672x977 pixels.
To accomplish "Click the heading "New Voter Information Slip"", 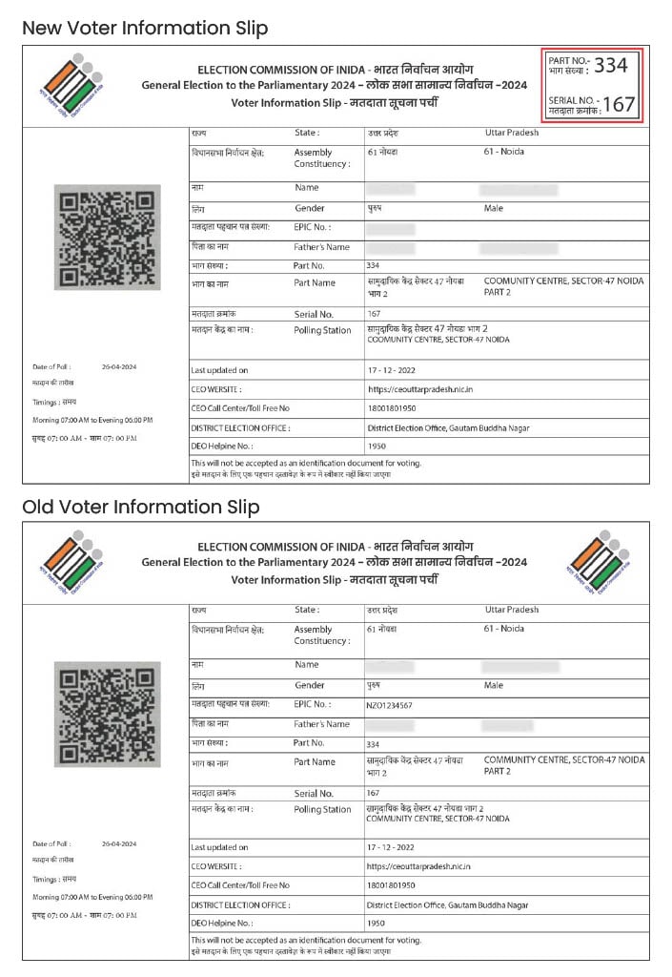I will click(x=145, y=29).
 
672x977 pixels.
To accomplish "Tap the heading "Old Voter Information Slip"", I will click(x=140, y=507).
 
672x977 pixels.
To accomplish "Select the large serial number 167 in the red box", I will click(x=619, y=105).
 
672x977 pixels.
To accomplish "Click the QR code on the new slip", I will click(x=106, y=238).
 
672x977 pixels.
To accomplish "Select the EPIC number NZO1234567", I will click(x=390, y=705).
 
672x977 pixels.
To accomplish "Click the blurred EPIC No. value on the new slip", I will click(x=390, y=229).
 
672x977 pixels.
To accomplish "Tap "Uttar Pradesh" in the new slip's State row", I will click(x=511, y=133).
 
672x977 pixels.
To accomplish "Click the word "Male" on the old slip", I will click(x=494, y=685).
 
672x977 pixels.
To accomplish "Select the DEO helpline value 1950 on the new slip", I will click(x=376, y=447).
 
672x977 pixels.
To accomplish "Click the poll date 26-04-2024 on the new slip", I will click(x=119, y=367).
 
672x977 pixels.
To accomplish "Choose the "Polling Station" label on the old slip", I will click(x=322, y=809).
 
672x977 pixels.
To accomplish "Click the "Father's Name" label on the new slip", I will click(x=321, y=247).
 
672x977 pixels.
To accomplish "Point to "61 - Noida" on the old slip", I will click(x=504, y=629).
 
